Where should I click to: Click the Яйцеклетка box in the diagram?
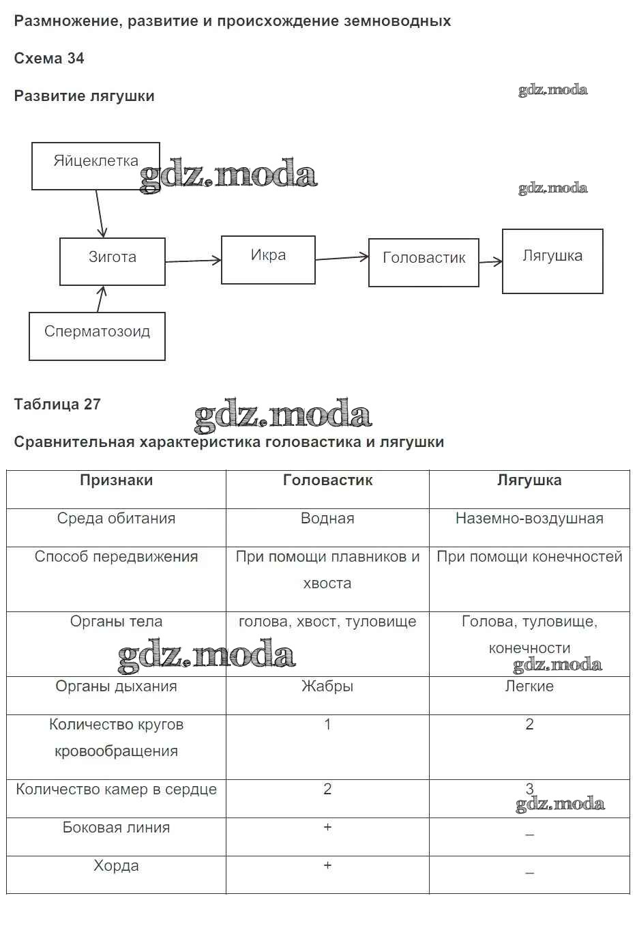(95, 166)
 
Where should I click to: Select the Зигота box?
(113, 261)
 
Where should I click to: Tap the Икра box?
(268, 259)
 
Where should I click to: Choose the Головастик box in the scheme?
(424, 262)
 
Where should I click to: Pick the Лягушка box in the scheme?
(552, 261)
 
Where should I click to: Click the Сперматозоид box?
(97, 336)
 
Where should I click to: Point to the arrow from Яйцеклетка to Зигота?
(100, 214)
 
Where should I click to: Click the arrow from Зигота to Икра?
(193, 261)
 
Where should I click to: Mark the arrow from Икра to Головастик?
(342, 259)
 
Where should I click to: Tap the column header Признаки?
(116, 480)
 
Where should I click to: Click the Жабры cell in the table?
(327, 686)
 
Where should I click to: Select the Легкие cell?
(529, 686)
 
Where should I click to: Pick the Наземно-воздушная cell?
(529, 519)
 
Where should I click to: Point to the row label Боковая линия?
(116, 828)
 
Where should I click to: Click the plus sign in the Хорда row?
(327, 865)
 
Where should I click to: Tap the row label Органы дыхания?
(116, 686)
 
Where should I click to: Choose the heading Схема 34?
(49, 59)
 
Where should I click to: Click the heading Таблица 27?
(57, 404)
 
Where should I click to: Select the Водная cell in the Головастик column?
(327, 519)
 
